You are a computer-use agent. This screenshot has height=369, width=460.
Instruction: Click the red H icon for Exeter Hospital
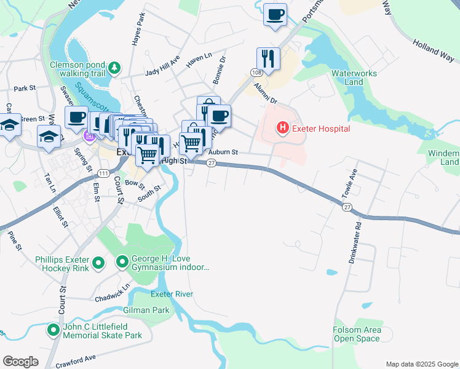pyautogui.click(x=282, y=129)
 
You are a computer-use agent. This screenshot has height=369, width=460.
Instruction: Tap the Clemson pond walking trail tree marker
pyautogui.click(x=114, y=66)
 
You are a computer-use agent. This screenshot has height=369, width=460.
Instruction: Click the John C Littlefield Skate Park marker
pyautogui.click(x=54, y=331)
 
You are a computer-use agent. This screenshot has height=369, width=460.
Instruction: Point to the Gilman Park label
pyautogui.click(x=146, y=311)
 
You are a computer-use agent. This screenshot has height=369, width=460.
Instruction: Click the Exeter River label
pyautogui.click(x=175, y=295)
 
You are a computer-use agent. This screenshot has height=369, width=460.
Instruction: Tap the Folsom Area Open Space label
pyautogui.click(x=357, y=335)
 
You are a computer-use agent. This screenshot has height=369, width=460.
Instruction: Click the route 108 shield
pyautogui.click(x=255, y=73)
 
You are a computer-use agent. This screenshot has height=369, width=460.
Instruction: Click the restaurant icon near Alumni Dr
pyautogui.click(x=268, y=58)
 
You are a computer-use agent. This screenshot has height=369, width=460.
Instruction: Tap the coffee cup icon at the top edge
pyautogui.click(x=275, y=14)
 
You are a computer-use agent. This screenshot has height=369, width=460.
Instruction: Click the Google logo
pyautogui.click(x=20, y=362)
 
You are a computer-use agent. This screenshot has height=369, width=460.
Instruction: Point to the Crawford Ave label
pyautogui.click(x=75, y=359)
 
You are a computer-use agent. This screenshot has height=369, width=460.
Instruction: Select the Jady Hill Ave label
pyautogui.click(x=162, y=68)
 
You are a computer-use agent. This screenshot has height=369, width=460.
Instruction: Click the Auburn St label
pyautogui.click(x=223, y=152)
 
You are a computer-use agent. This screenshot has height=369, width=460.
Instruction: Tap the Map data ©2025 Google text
pyautogui.click(x=421, y=364)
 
